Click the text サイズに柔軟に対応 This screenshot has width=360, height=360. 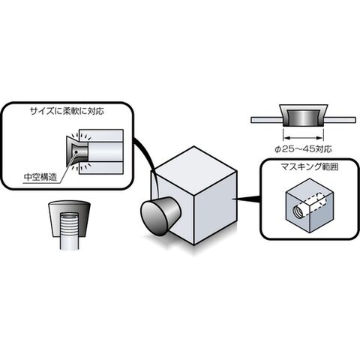click(x=67, y=111)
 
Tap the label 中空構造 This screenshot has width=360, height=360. click(x=40, y=177)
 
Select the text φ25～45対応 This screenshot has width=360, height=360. click(x=303, y=149)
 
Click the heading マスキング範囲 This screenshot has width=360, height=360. click(x=310, y=166)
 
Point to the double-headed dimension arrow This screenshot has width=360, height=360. click(x=303, y=137)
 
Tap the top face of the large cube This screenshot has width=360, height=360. click(x=194, y=170)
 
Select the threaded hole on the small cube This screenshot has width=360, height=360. click(x=299, y=209)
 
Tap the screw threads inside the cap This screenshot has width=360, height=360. click(x=70, y=224)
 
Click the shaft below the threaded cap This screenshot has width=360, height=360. click(x=70, y=243)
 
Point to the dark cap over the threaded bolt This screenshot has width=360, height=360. click(x=70, y=219)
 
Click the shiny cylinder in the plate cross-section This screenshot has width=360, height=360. click(x=303, y=117)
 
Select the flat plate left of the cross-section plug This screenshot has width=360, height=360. click(x=266, y=120)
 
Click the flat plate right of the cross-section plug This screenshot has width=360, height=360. click(x=340, y=120)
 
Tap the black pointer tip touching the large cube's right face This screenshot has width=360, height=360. click(x=233, y=199)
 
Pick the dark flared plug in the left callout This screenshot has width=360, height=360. click(x=77, y=151)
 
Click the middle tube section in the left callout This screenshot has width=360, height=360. click(x=106, y=152)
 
